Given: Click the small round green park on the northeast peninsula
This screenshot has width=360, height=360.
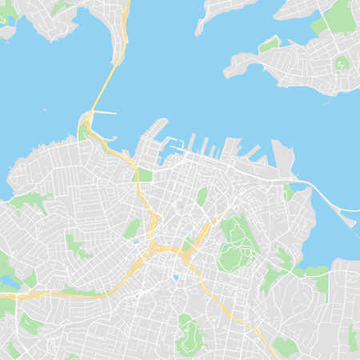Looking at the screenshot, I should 342,62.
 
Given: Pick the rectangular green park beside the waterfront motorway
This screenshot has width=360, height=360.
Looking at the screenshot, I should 145,175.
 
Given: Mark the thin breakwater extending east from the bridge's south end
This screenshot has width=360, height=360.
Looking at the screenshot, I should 104,113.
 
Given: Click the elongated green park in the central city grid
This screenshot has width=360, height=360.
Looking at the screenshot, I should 202,195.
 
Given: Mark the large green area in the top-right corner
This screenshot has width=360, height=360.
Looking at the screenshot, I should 340,16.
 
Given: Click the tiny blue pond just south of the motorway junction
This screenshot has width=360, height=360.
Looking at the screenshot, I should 175,278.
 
